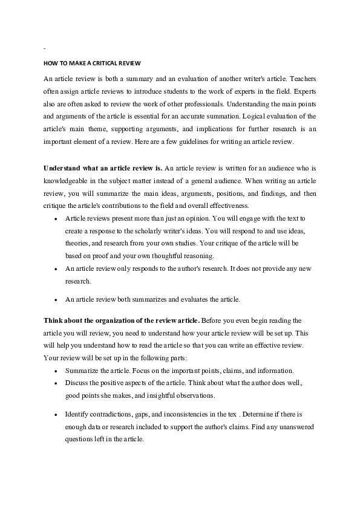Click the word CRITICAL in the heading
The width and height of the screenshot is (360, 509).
(108, 63)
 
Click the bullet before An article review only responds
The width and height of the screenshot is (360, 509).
(56, 268)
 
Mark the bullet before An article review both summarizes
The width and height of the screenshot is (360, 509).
(56, 299)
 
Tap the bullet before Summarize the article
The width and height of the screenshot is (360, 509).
(56, 371)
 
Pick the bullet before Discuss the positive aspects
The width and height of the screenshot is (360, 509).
(56, 383)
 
